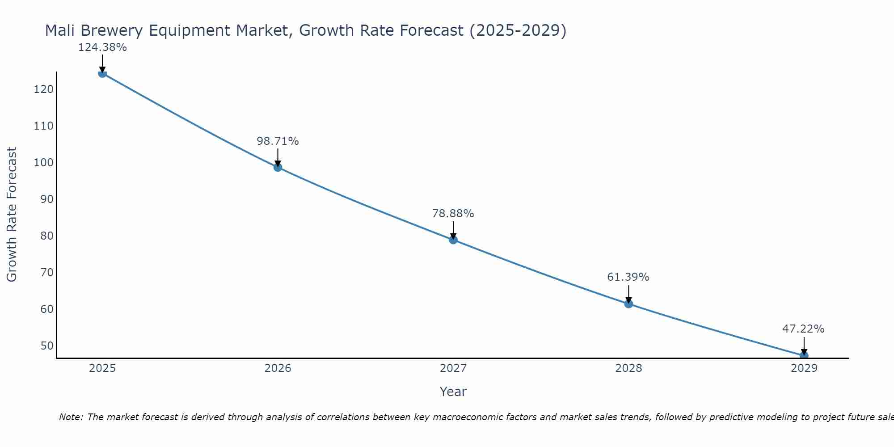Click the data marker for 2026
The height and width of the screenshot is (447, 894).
[x=278, y=168]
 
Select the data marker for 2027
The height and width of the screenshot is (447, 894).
[x=453, y=240]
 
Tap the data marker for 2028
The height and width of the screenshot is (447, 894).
[x=628, y=304]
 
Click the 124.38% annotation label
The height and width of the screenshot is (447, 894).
[x=102, y=47]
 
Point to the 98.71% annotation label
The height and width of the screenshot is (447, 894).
[x=278, y=141]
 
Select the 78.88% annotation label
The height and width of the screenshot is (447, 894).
[x=453, y=214]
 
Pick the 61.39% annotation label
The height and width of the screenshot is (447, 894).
[x=628, y=277]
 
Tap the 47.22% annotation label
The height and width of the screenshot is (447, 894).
[x=803, y=329]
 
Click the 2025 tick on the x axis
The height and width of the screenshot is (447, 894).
[x=102, y=368]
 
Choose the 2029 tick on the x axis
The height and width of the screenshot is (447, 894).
[x=804, y=368]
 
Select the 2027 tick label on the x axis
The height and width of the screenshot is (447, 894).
[x=453, y=368]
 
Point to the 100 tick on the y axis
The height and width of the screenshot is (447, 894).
[x=43, y=163]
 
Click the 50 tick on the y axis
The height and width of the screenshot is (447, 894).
[x=46, y=346]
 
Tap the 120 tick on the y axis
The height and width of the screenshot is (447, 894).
[x=43, y=89]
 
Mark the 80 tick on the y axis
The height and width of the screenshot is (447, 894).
[x=46, y=236]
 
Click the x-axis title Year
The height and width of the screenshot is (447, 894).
[x=453, y=392]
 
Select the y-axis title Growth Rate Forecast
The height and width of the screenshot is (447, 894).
[x=12, y=215]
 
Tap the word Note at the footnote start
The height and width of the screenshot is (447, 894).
[x=71, y=417]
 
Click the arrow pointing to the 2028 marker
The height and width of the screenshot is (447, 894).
[x=628, y=294]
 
